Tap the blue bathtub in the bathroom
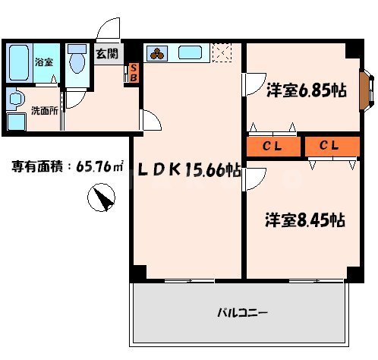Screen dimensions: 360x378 [19, 63]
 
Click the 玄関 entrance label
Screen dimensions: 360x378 [107, 54]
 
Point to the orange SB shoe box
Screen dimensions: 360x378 [134, 73]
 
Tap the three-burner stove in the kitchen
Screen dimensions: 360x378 [158, 53]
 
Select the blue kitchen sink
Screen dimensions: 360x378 [190, 53]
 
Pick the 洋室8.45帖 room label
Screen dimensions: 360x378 [304, 220]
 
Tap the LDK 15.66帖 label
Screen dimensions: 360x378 [187, 171]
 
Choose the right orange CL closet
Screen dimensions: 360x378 [331, 145]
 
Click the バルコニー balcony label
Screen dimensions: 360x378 [243, 312]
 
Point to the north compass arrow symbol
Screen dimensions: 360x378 [102, 200]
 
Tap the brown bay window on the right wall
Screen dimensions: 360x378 [365, 90]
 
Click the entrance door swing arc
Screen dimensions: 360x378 [109, 29]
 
